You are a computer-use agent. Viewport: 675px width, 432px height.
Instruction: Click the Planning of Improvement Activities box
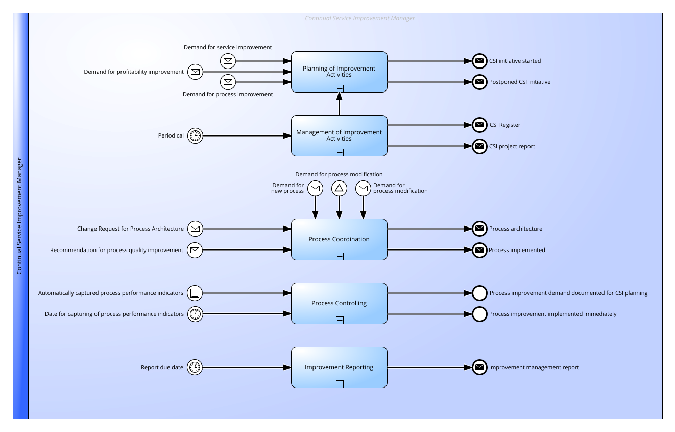[339, 72]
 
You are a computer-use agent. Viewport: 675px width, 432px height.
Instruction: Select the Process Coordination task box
[339, 240]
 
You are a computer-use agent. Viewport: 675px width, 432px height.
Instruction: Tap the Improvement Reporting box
[339, 367]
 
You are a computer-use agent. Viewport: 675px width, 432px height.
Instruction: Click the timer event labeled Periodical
[195, 136]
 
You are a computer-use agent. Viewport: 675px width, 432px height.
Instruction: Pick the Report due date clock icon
[195, 367]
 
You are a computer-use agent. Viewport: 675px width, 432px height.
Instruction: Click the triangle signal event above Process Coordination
[339, 188]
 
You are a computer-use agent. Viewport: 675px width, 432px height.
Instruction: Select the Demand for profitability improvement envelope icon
[195, 72]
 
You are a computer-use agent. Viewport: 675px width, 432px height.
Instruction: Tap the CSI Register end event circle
[479, 125]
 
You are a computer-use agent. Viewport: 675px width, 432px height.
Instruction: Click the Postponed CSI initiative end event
[479, 82]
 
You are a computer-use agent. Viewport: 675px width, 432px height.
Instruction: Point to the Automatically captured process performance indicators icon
[195, 293]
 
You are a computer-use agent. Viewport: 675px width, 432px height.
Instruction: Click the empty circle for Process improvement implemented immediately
[479, 314]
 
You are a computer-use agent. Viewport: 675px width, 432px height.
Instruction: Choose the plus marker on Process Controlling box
[340, 320]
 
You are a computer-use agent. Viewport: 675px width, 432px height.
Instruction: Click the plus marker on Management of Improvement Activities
[340, 152]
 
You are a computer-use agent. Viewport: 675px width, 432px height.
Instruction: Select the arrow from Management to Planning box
[340, 104]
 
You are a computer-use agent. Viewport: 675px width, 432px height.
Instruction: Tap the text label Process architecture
[516, 229]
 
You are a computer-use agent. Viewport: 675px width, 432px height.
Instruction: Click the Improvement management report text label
[534, 367]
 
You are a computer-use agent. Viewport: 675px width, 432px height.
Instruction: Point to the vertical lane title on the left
[19, 216]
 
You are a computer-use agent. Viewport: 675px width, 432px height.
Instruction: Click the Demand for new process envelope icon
[315, 188]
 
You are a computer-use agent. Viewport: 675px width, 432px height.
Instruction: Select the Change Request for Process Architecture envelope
[195, 229]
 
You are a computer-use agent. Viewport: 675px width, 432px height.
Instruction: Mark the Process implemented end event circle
[479, 250]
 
